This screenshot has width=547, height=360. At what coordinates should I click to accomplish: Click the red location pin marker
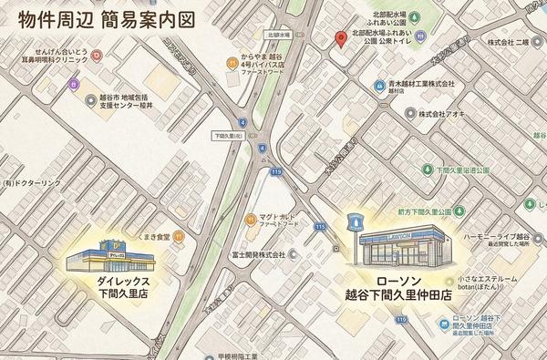click(x=341, y=39)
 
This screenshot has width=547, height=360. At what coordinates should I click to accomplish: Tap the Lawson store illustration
click(x=397, y=245)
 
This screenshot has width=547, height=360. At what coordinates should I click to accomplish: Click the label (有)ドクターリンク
click(x=30, y=183)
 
